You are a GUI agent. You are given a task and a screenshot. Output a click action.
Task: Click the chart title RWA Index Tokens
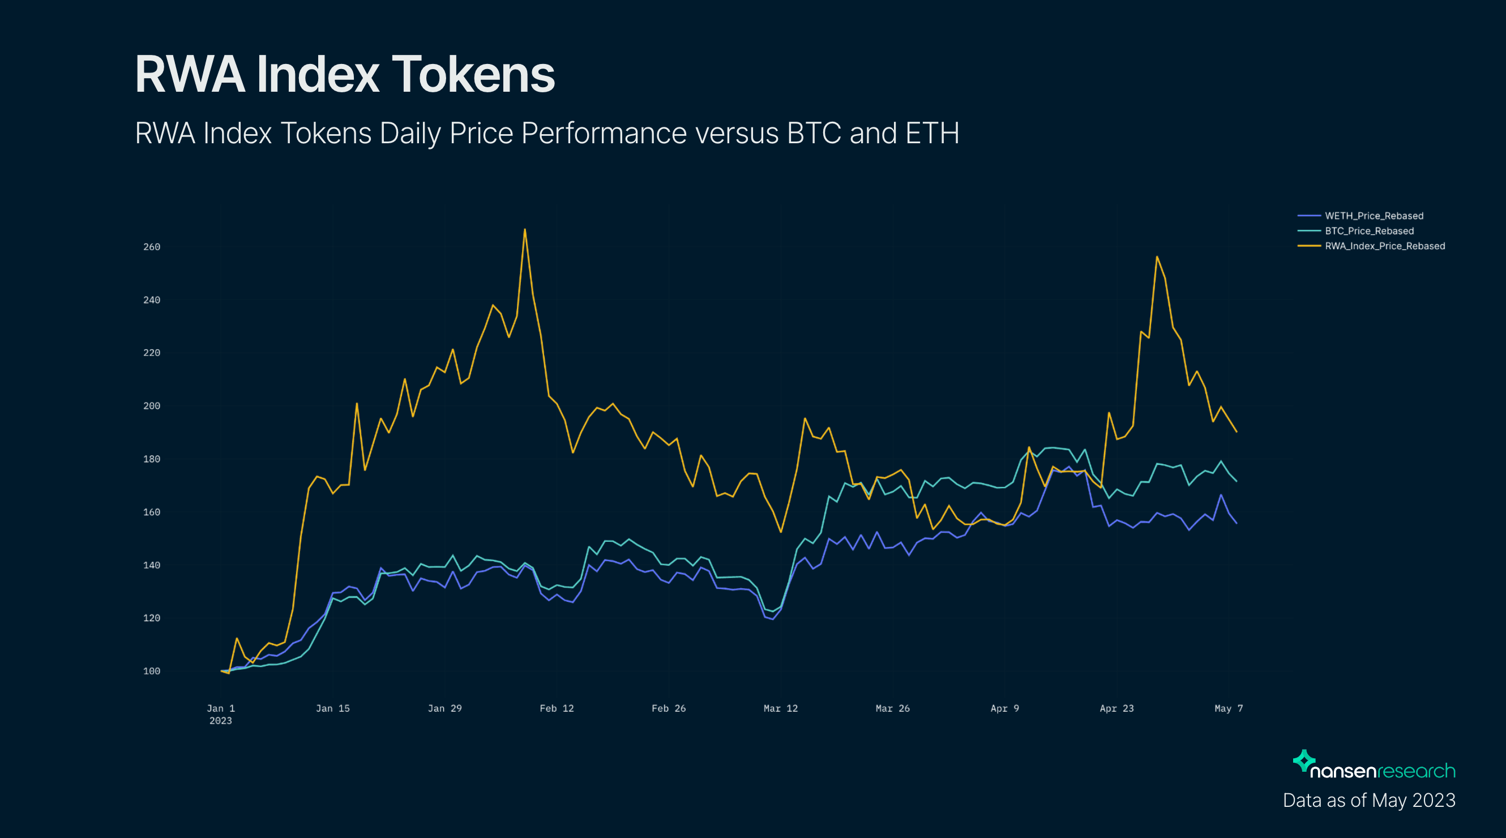click(x=344, y=74)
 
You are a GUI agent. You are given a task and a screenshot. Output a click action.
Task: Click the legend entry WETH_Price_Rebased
click(x=1374, y=216)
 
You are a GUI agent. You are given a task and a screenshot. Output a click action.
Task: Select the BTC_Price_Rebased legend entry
click(x=1368, y=231)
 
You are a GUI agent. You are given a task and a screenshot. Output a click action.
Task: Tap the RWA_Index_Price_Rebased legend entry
click(x=1384, y=246)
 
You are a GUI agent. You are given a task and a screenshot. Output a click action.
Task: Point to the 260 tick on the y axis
click(x=151, y=247)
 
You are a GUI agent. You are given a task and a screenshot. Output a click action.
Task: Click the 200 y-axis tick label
click(x=151, y=406)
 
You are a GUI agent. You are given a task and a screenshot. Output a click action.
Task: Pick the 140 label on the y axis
click(x=151, y=565)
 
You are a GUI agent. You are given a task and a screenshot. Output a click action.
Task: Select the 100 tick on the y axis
click(x=151, y=671)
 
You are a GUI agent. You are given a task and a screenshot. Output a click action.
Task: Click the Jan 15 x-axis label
click(x=333, y=708)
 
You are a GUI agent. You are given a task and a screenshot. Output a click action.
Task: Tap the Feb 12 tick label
click(x=557, y=708)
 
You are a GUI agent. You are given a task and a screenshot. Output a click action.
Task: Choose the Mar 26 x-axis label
click(x=892, y=708)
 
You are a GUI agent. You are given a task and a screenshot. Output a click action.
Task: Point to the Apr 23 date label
click(x=1116, y=708)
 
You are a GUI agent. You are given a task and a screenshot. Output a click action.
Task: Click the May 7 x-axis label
click(x=1229, y=708)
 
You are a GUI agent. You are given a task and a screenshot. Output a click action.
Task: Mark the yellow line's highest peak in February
click(x=525, y=229)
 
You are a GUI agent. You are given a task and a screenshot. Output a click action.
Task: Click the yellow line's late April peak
click(x=1157, y=256)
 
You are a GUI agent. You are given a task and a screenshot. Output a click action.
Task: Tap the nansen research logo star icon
click(x=1304, y=760)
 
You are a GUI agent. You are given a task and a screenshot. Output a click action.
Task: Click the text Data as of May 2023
click(x=1368, y=800)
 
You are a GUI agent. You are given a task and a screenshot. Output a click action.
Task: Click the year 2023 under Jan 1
click(x=220, y=721)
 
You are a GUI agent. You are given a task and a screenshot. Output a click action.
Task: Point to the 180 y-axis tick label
click(x=151, y=459)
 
